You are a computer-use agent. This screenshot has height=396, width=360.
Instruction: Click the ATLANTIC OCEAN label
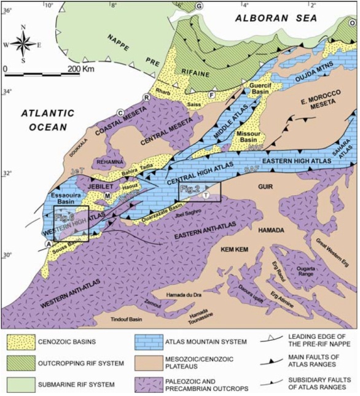(46, 120)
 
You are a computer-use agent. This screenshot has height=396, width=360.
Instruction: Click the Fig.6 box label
(65, 217)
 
